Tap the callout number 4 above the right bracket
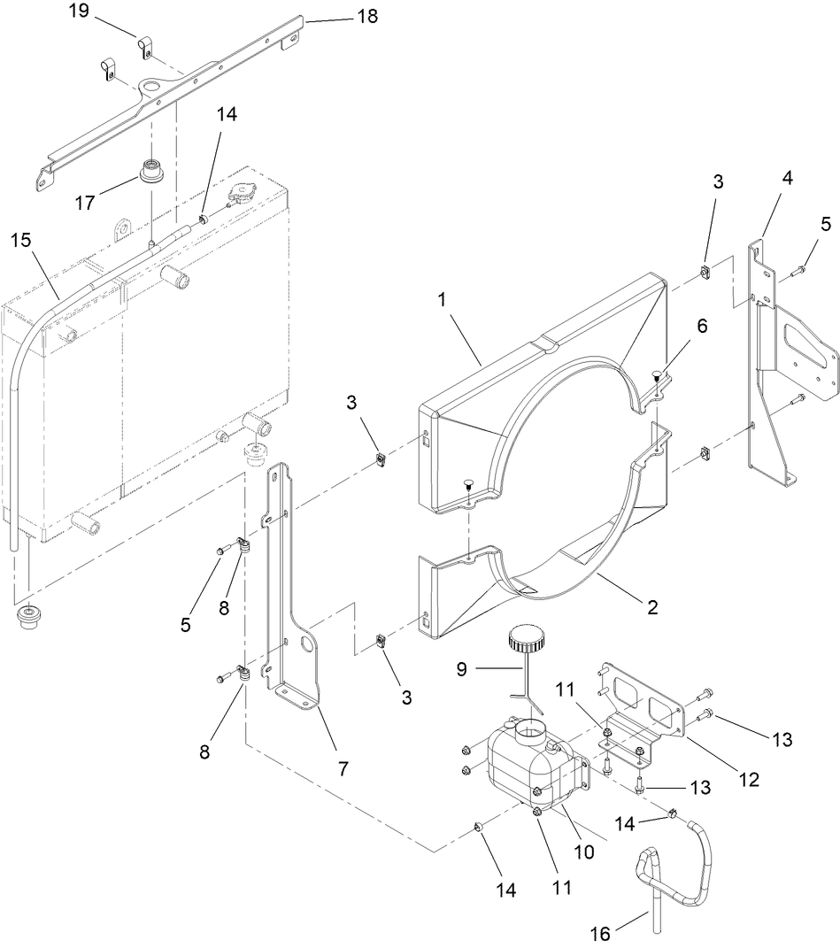(x=787, y=177)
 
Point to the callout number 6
(x=702, y=326)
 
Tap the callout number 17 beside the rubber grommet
(x=85, y=202)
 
